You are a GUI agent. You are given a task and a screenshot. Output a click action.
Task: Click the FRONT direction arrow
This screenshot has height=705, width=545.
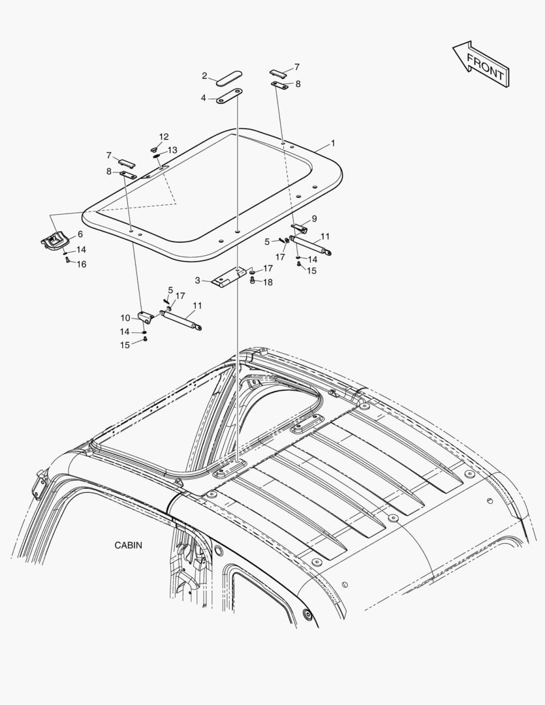480,63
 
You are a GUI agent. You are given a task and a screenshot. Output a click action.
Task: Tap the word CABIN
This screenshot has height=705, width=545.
129,544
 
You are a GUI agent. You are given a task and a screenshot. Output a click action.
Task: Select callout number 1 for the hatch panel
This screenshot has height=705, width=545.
333,142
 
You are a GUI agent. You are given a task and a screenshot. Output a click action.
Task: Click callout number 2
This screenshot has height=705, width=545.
204,76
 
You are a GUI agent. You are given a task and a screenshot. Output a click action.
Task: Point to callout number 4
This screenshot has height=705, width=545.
204,98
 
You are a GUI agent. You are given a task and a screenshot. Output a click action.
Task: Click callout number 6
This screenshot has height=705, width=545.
80,234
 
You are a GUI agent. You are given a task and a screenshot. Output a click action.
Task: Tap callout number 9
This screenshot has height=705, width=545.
314,218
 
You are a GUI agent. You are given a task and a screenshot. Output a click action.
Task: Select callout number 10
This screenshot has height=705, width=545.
125,317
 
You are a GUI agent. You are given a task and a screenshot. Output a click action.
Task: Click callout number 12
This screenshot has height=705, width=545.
164,136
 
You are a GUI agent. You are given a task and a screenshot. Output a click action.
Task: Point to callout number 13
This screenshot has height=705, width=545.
172,150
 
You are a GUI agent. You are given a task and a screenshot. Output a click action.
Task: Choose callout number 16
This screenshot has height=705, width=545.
82,264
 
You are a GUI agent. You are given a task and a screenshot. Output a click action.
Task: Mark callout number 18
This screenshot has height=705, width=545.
268,282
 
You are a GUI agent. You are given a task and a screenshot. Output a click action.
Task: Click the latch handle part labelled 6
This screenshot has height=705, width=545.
54,242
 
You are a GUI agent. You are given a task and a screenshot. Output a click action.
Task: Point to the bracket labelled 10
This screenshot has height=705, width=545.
146,317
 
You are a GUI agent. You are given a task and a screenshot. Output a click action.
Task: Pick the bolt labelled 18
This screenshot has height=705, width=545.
253,281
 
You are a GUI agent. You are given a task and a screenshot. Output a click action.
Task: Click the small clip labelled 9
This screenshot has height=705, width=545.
299,228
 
